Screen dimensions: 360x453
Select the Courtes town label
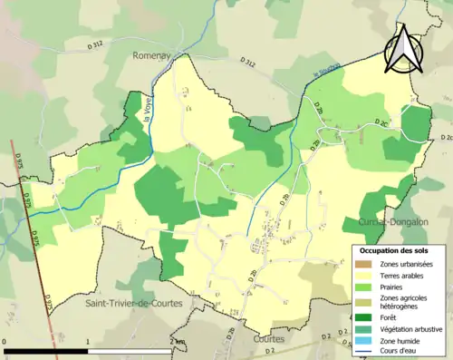pyautogui.click(x=269, y=338)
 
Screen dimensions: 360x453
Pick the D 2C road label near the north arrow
pyautogui.click(x=384, y=122)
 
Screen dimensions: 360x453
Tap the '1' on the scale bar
pyautogui.click(x=88, y=342)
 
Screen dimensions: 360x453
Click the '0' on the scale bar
pyautogui.click(x=5, y=342)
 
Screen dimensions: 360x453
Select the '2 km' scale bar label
pyautogui.click(x=176, y=342)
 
